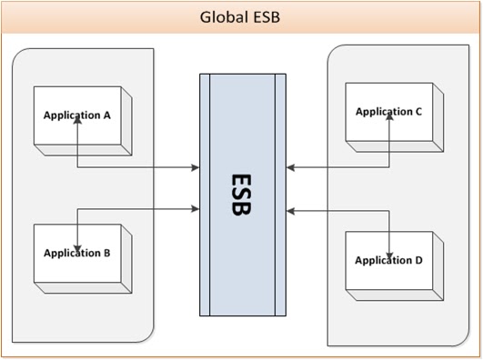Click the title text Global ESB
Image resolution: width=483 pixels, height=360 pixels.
241,17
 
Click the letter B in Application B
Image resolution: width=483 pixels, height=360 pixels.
106,253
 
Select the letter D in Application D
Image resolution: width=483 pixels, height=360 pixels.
418,259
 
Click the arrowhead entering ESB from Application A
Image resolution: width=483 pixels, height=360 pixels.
195,167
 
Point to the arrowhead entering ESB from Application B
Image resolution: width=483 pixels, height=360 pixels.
195,210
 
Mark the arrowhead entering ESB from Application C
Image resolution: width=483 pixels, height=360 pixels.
290,167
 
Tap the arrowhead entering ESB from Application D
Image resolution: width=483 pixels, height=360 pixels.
290,210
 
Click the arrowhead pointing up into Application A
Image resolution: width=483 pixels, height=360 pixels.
79,123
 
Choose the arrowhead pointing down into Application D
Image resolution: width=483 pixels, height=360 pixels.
390,253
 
